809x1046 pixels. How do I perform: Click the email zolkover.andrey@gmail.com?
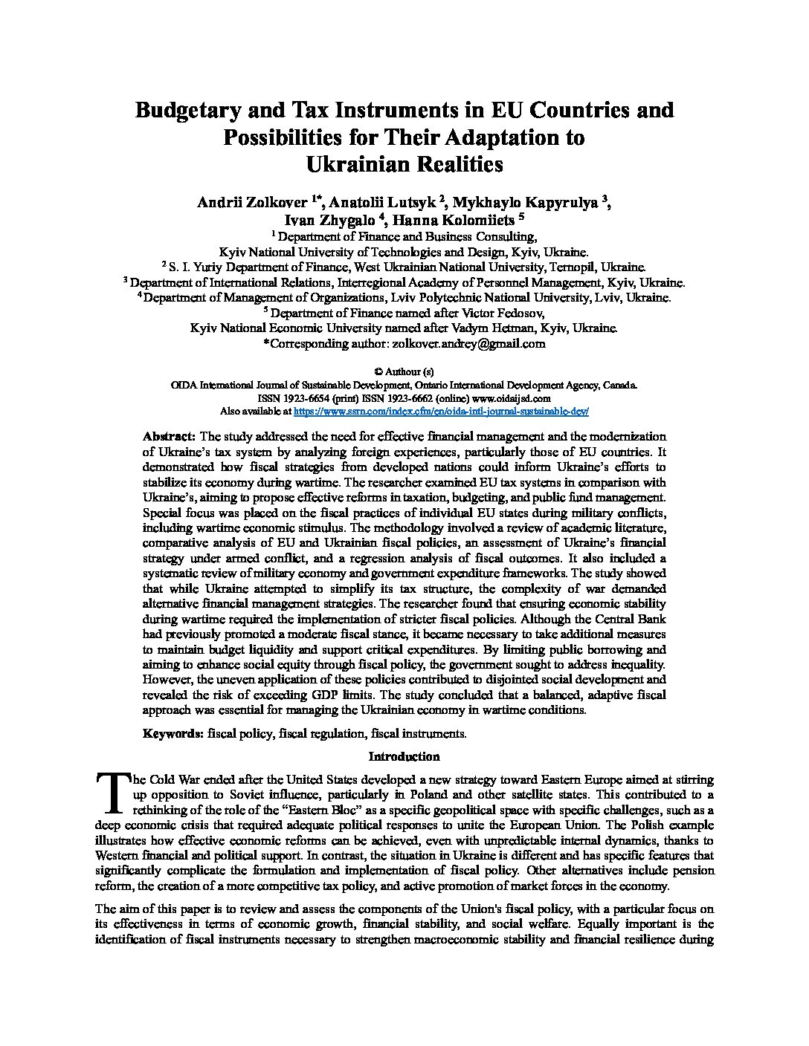coord(466,344)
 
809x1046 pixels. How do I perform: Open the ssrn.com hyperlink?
coord(441,411)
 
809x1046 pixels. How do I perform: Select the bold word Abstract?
coord(169,436)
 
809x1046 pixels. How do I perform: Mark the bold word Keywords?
coord(173,734)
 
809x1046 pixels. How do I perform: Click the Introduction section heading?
coord(404,757)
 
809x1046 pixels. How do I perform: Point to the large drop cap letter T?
coord(112,792)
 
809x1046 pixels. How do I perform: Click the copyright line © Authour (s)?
coord(404,371)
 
